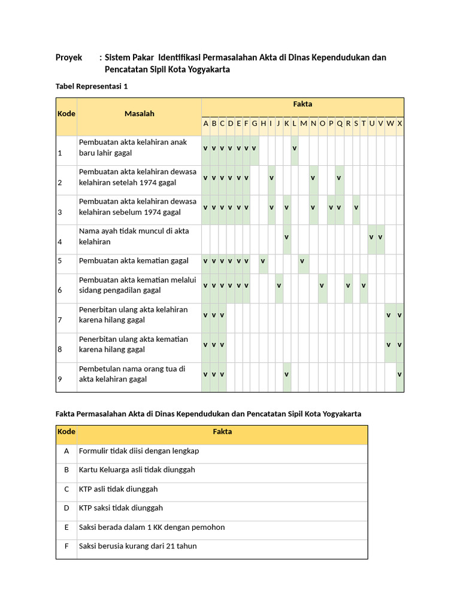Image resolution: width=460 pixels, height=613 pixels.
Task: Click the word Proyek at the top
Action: coord(69,58)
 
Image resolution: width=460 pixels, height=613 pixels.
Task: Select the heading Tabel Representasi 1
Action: coord(92,87)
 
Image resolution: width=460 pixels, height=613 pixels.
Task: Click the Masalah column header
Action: coord(140,114)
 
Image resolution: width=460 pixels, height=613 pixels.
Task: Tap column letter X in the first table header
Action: coord(400,123)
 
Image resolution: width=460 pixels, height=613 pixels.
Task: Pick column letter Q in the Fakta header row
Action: coord(340,123)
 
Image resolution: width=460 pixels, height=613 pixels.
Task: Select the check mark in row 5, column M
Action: coord(302,261)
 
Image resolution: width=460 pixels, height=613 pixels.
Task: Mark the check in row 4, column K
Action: coord(286,237)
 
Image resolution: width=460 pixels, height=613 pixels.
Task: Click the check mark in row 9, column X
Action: coord(400,374)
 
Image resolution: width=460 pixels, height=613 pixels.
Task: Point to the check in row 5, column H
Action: coord(263,261)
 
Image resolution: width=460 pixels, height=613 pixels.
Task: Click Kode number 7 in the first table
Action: coord(60,320)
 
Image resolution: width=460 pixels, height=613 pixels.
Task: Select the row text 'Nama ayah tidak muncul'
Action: coord(134,231)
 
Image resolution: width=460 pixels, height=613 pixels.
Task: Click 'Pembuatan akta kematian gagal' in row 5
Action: coord(134,261)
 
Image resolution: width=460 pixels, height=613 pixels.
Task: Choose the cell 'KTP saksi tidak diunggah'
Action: coord(121,508)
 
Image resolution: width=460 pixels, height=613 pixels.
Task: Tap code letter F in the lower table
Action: coord(66,546)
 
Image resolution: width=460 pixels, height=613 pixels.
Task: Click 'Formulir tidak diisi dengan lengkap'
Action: coord(139,451)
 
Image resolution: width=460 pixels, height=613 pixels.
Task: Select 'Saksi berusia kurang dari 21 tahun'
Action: coord(138,546)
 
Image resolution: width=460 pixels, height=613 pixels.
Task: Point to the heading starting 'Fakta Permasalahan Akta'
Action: coord(208,414)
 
